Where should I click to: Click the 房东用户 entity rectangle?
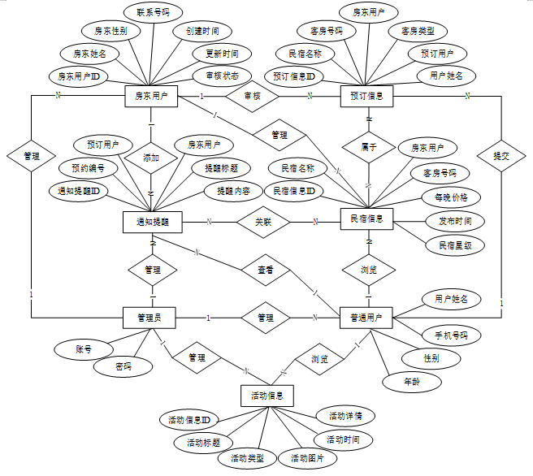pos(151,96)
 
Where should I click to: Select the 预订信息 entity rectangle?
pos(366,96)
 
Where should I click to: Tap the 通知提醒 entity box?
pos(151,220)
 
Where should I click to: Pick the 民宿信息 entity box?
pos(366,220)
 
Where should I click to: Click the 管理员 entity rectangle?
pos(151,318)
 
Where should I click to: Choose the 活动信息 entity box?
pos(267,396)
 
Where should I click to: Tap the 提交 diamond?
pos(500,154)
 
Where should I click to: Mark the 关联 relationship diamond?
pos(263,220)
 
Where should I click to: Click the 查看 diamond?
pos(265,268)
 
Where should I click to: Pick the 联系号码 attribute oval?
pos(154,12)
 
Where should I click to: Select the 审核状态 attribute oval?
pos(216,76)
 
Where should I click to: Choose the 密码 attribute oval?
pos(123,367)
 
